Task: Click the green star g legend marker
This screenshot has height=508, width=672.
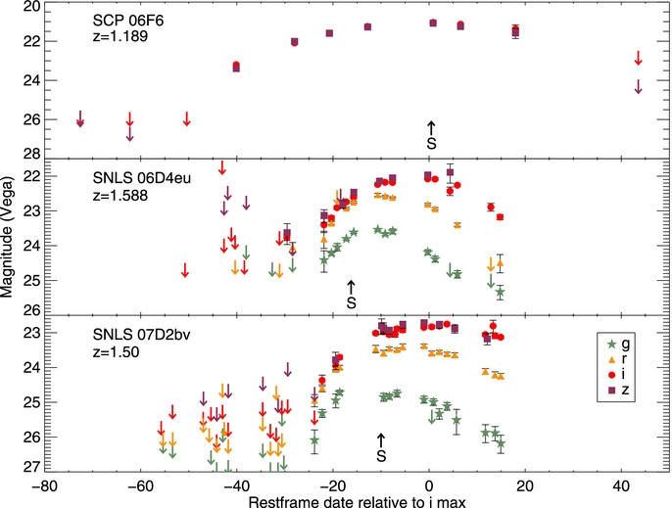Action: point(612,345)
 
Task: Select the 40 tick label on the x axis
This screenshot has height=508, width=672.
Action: point(621,484)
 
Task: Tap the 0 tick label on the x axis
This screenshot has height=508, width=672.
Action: point(429,484)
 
